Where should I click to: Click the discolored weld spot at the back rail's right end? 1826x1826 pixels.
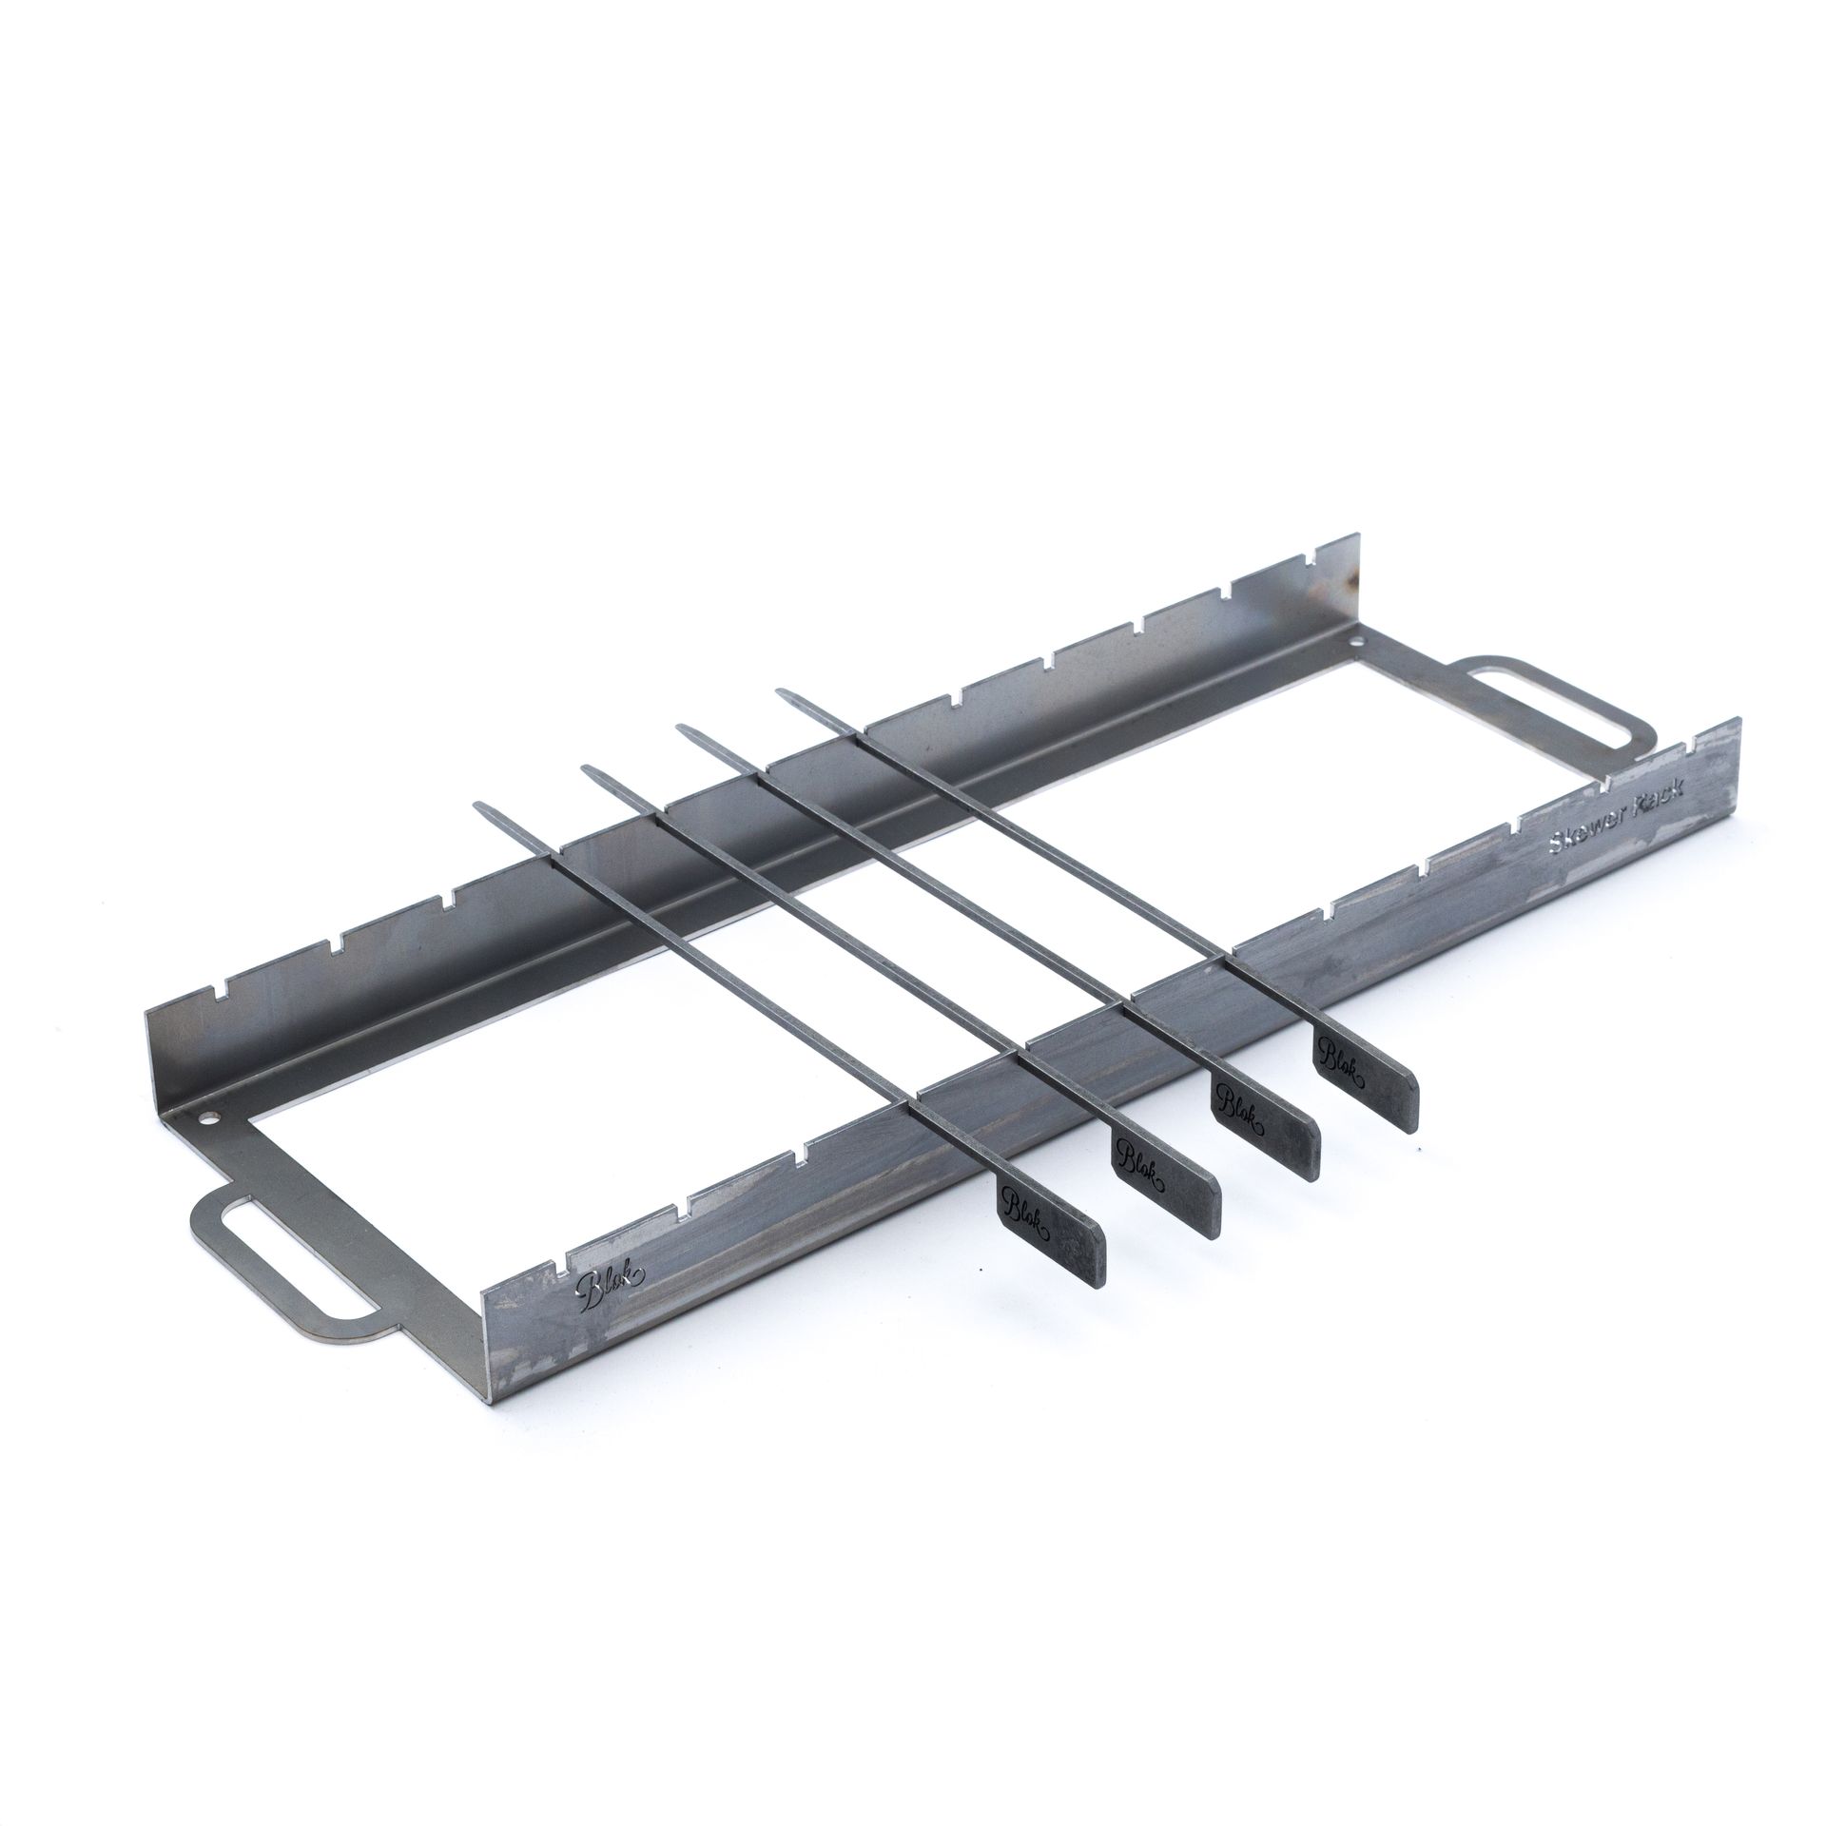[1344, 580]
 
